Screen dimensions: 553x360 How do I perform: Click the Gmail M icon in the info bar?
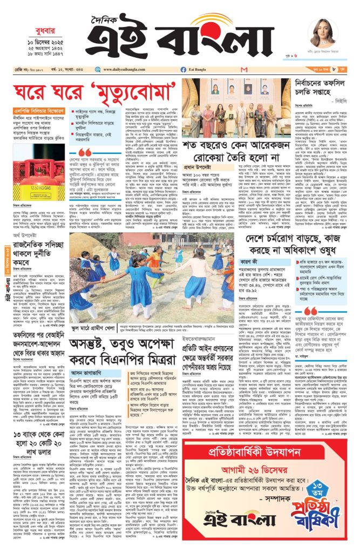point(245,70)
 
